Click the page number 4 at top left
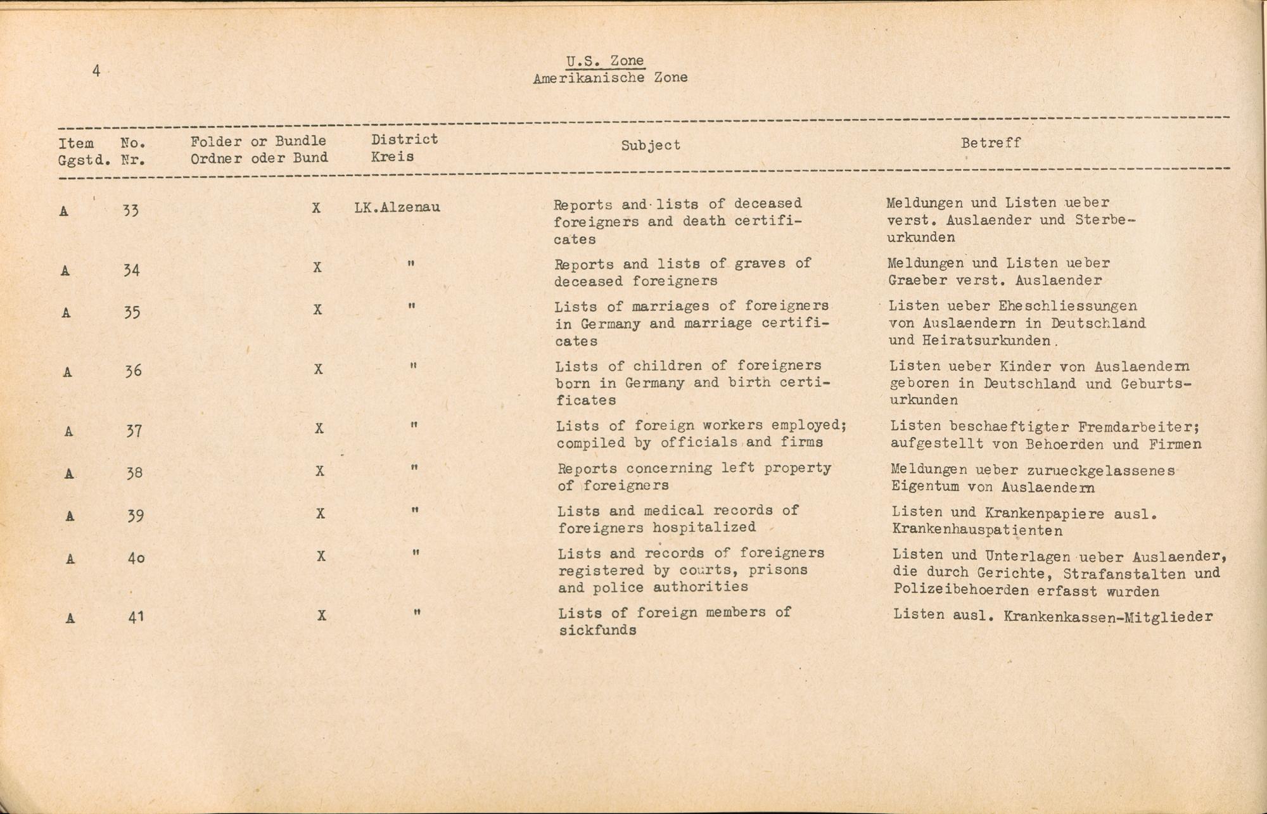[96, 71]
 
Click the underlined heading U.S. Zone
[605, 61]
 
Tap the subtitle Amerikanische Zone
[610, 79]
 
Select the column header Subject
[651, 145]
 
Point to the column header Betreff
[991, 143]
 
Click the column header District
[404, 139]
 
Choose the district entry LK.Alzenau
[398, 207]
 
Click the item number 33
[131, 210]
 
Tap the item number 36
[132, 371]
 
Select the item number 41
[136, 616]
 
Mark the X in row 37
[319, 429]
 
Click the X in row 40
[321, 556]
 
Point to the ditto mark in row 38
[414, 468]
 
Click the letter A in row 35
[66, 313]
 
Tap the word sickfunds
[597, 630]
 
